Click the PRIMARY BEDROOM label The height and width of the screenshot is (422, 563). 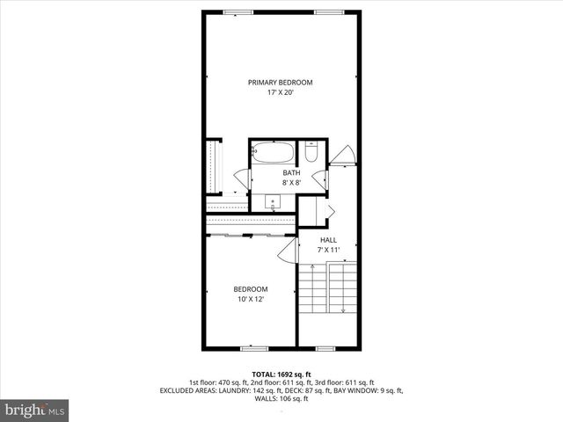[x=280, y=83]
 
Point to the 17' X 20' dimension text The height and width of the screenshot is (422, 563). [x=280, y=92]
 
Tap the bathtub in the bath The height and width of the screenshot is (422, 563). [x=273, y=154]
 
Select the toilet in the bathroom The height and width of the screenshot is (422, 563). [x=310, y=155]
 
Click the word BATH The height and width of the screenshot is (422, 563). [x=291, y=172]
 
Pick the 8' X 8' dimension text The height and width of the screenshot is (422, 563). [x=291, y=183]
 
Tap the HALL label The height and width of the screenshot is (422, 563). [x=328, y=240]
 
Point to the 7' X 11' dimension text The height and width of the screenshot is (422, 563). [x=328, y=251]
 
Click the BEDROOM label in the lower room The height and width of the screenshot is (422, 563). [x=250, y=289]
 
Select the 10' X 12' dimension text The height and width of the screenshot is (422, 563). [x=250, y=300]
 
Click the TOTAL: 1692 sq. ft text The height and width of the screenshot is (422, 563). [x=281, y=374]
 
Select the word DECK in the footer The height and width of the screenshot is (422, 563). [x=301, y=390]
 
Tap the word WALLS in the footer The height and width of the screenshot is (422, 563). [x=265, y=398]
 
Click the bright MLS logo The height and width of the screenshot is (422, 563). [x=35, y=410]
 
